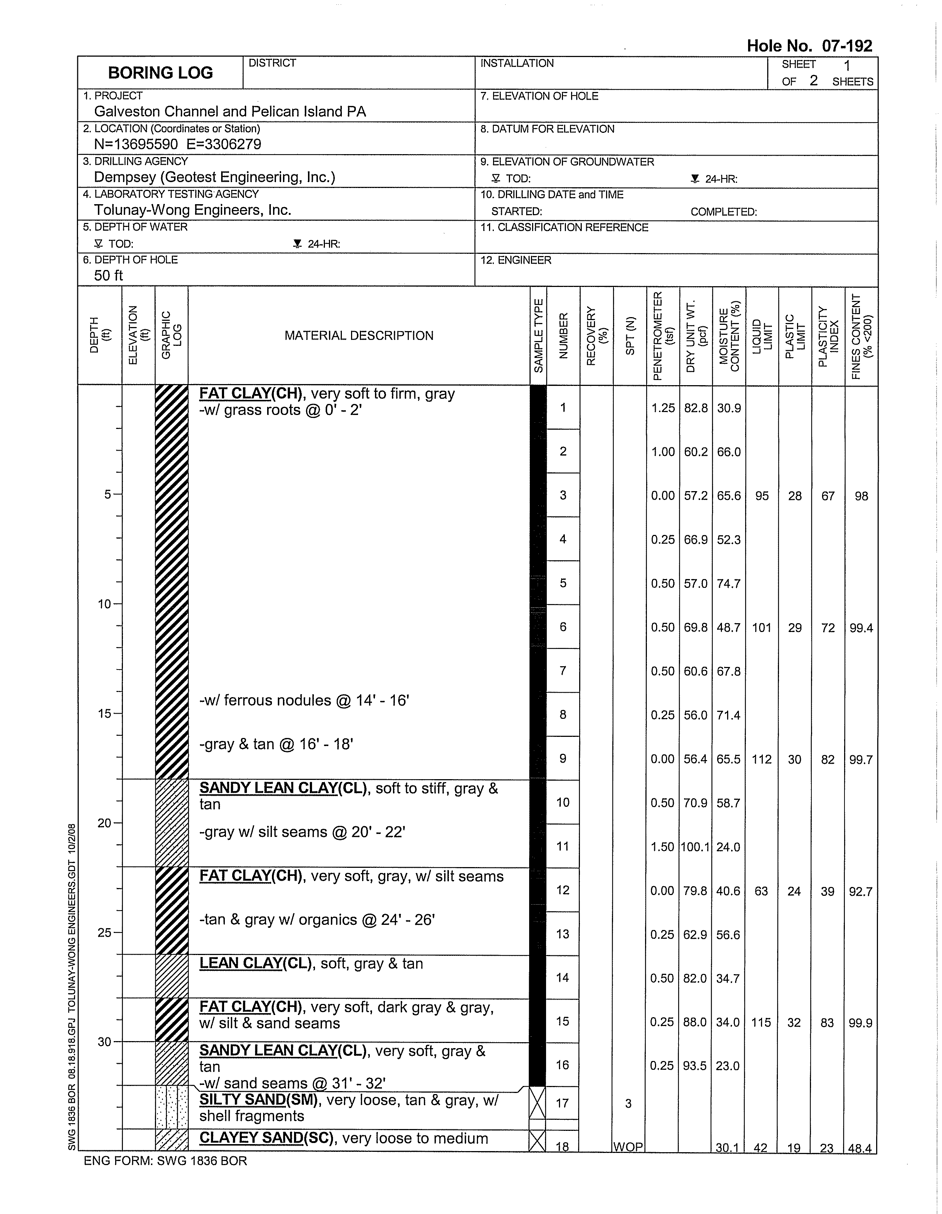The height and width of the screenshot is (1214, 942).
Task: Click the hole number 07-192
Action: (x=809, y=46)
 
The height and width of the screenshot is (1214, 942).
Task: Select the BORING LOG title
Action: (x=160, y=73)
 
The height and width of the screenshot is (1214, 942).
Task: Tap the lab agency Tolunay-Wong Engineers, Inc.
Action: (x=192, y=210)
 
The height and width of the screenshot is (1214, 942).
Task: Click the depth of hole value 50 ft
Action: (x=109, y=275)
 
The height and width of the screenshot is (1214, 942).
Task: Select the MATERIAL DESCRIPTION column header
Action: (x=359, y=336)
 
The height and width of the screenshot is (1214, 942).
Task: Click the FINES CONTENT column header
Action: (x=861, y=336)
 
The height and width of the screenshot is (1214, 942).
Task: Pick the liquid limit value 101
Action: (x=761, y=628)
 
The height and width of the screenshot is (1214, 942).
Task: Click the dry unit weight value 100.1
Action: (x=695, y=847)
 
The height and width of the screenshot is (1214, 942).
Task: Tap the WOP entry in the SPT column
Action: (x=628, y=1147)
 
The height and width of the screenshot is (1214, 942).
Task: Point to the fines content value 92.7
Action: (x=860, y=891)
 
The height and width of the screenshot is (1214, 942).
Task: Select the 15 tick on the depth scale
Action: (x=105, y=714)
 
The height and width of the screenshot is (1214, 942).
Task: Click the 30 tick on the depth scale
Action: (x=105, y=1042)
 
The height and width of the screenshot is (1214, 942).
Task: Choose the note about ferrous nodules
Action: (x=304, y=700)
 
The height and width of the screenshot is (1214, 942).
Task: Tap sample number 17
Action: (x=562, y=1103)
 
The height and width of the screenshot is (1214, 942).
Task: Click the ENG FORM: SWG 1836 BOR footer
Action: (x=165, y=1161)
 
